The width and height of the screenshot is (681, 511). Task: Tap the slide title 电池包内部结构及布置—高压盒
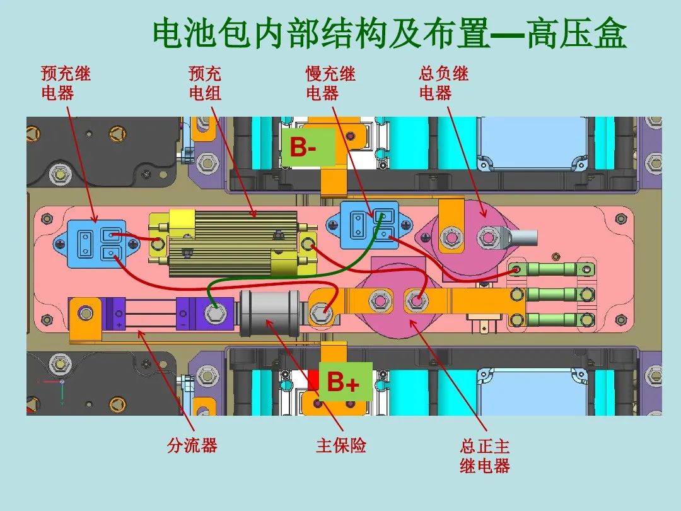click(x=390, y=34)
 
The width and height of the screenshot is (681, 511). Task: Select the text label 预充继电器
click(x=66, y=83)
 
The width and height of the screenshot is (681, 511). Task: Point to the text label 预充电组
click(x=205, y=83)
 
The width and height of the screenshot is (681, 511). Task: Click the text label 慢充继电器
click(x=330, y=83)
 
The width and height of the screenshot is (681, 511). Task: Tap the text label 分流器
click(x=192, y=445)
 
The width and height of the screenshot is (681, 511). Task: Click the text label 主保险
click(x=340, y=446)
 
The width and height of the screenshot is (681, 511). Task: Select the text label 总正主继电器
click(x=484, y=456)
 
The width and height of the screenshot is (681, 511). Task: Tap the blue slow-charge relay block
click(x=369, y=226)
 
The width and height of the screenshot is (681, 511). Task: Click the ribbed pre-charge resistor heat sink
click(x=233, y=243)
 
